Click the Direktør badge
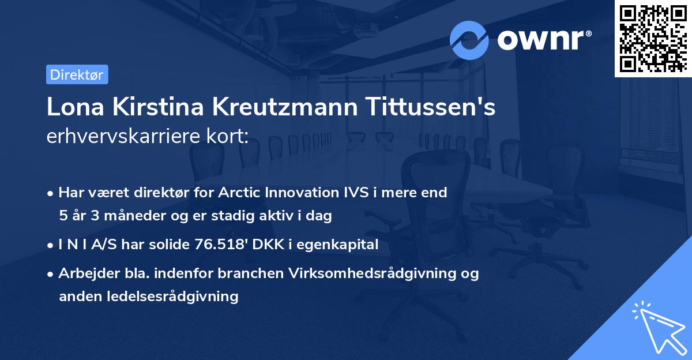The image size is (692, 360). [77, 74]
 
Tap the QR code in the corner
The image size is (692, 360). [653, 38]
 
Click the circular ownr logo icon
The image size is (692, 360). [469, 40]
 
